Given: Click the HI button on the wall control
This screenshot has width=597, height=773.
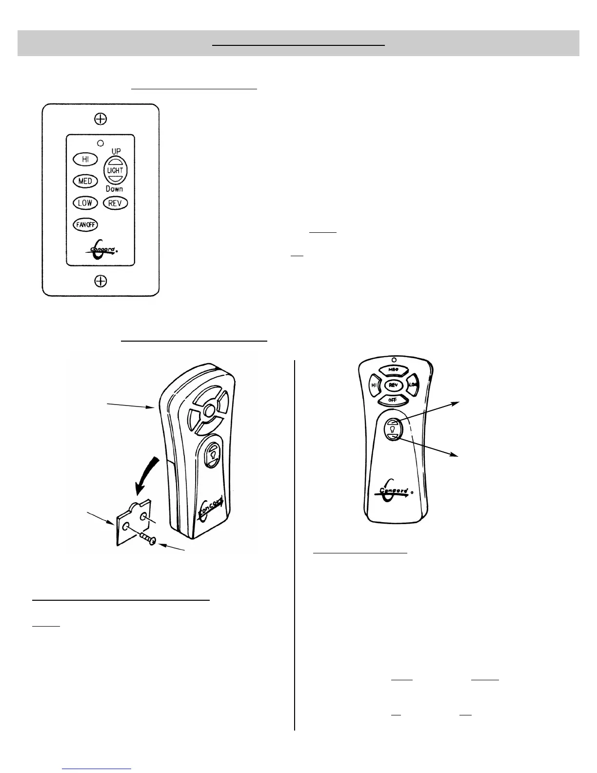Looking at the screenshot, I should point(85,159).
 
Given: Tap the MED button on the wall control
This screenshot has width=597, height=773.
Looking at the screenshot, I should point(85,181).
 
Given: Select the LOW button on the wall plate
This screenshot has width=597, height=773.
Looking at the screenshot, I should point(85,203).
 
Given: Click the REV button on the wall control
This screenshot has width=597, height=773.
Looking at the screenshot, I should point(115,203).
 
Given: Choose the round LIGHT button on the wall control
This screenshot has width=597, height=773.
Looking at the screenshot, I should point(116,170).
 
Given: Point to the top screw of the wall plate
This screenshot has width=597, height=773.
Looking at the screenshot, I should point(100,119).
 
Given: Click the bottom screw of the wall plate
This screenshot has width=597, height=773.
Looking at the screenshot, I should point(100,281).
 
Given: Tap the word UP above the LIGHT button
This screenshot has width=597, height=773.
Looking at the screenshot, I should point(116,152).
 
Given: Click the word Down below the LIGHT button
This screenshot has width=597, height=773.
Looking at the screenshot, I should point(114,189).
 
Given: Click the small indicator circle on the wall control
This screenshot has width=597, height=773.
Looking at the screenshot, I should point(100,143).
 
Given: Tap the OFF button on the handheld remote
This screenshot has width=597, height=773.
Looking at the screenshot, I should point(393,400).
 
